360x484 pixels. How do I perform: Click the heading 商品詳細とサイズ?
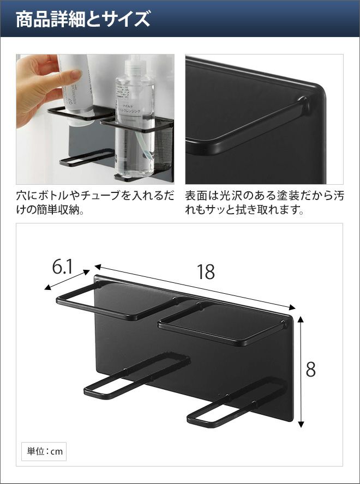pos(83,19)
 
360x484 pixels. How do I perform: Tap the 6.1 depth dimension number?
pos(62,267)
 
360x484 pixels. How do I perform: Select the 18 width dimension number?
pos(206,272)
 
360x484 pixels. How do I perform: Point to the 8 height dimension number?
pos(310,370)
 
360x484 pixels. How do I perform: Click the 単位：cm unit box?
pos(44,452)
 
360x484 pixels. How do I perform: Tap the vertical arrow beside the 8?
pos(301,372)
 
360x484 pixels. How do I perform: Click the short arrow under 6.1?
pos(67,280)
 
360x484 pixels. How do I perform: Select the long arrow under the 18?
pos(195,287)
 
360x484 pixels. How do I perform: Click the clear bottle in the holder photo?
pos(135,122)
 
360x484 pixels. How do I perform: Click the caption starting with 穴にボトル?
pos(95,203)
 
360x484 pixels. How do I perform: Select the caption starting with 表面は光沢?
pos(264,203)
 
